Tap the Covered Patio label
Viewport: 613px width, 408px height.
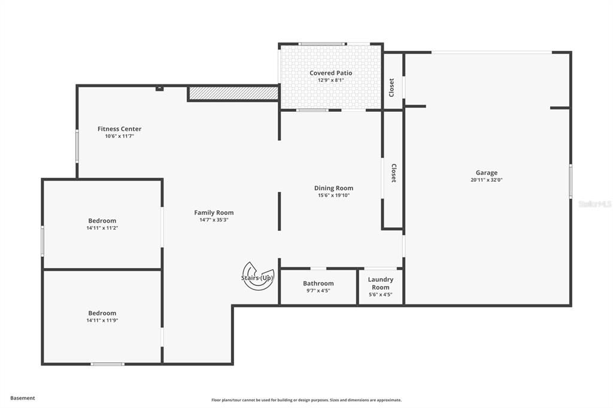[330, 73]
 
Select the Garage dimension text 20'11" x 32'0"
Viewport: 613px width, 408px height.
[486, 180]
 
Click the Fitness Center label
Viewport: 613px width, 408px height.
[120, 129]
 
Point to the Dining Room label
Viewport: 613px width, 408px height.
[333, 188]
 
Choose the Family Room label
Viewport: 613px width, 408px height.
[214, 212]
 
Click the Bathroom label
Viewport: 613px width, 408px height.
[318, 284]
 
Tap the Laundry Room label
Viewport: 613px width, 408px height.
[381, 283]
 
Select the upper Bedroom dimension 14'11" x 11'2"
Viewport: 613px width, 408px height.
[102, 228]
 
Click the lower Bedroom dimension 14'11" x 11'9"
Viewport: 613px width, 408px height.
[102, 321]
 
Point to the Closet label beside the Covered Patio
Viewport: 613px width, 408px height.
[392, 87]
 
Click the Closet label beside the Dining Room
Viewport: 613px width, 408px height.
[393, 173]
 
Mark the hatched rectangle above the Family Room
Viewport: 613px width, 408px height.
[233, 93]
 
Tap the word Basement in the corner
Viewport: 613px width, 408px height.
[23, 398]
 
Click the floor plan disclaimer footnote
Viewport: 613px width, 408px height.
[306, 400]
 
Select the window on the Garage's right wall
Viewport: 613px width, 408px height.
[570, 181]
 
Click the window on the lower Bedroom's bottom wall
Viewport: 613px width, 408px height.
[108, 364]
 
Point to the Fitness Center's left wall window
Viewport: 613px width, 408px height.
[77, 146]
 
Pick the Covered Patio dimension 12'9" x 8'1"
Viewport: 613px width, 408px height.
[330, 80]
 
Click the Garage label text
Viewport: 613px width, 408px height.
[486, 173]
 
